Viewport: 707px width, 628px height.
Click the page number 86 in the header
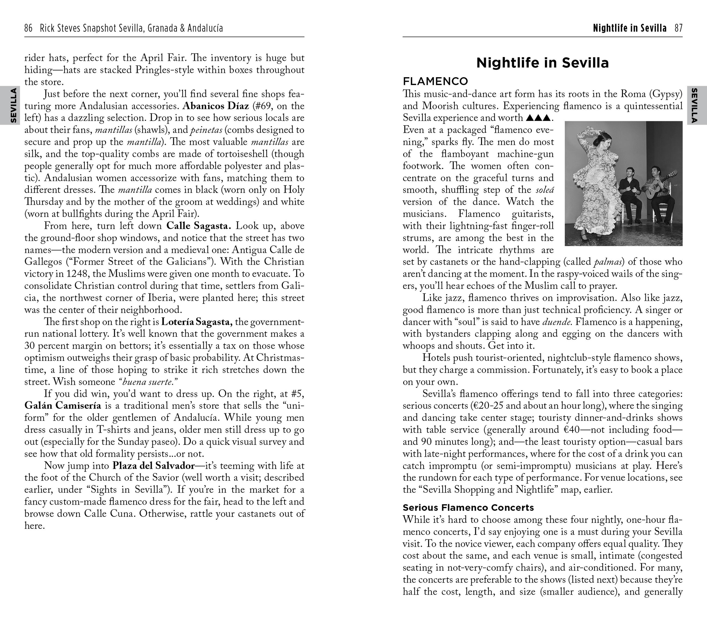click(x=28, y=28)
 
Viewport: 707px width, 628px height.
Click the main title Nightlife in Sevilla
click(x=542, y=63)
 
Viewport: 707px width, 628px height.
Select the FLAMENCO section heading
click(x=435, y=81)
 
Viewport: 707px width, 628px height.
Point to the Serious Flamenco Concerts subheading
click(x=468, y=507)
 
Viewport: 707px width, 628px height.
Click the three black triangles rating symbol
click(x=538, y=118)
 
